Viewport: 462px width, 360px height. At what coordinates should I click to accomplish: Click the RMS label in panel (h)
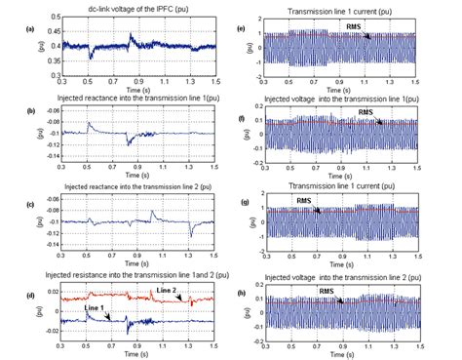point(330,290)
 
